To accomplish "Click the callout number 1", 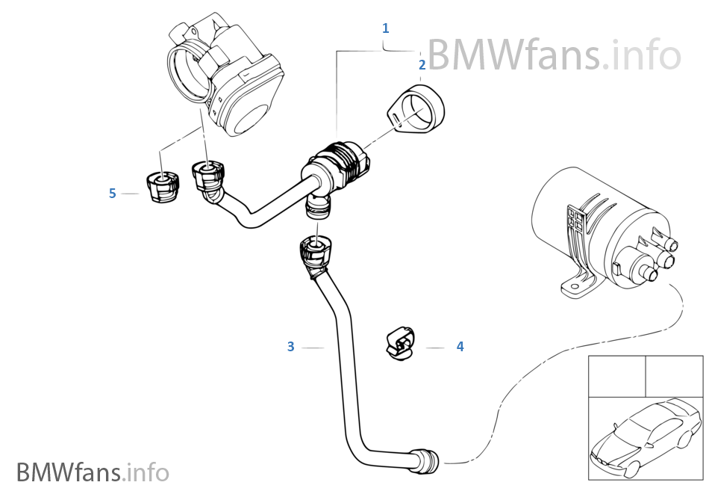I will click(385, 28).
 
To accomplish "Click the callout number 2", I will click(422, 65).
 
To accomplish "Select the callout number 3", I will click(291, 347).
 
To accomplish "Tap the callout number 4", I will click(460, 347).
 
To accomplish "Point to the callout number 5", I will click(113, 194).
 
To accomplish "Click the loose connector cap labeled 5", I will click(161, 186).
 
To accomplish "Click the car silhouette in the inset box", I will click(642, 437).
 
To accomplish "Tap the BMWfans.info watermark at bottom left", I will click(93, 472).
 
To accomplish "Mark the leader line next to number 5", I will click(131, 194).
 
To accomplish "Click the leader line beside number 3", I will click(313, 347).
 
